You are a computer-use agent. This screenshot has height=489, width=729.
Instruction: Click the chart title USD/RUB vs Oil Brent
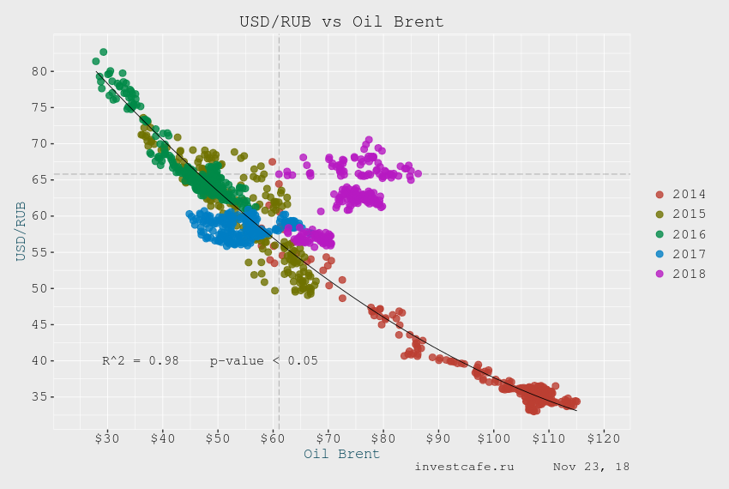tap(341, 21)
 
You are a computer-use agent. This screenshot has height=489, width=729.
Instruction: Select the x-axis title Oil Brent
tap(341, 455)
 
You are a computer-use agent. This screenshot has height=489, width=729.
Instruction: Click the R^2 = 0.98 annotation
tap(140, 361)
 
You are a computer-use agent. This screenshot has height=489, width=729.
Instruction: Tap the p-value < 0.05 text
tap(263, 361)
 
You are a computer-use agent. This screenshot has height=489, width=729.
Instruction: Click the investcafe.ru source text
tap(464, 467)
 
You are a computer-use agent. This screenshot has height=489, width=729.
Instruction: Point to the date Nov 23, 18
tap(591, 467)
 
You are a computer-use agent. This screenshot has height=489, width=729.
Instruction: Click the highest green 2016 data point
tap(103, 52)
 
